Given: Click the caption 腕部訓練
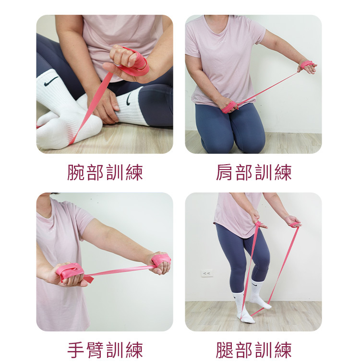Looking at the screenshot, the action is point(105,172).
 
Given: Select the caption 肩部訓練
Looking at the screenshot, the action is point(253,172).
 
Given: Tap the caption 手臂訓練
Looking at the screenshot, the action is point(105,350).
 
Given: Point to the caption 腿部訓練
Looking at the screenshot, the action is point(253,350).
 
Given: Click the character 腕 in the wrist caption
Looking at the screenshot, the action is point(76,172).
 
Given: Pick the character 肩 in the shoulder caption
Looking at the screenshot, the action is point(225,172).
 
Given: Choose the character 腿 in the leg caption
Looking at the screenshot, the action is point(225,350).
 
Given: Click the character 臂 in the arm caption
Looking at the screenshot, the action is point(95,350).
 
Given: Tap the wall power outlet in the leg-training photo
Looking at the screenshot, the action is point(207,273).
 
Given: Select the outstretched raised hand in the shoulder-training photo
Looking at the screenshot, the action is point(308,66).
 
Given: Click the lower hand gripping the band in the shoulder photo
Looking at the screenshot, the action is point(228,106).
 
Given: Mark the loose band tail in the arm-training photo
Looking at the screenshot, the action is point(89,279).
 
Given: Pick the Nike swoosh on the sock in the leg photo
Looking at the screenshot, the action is point(254,285).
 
